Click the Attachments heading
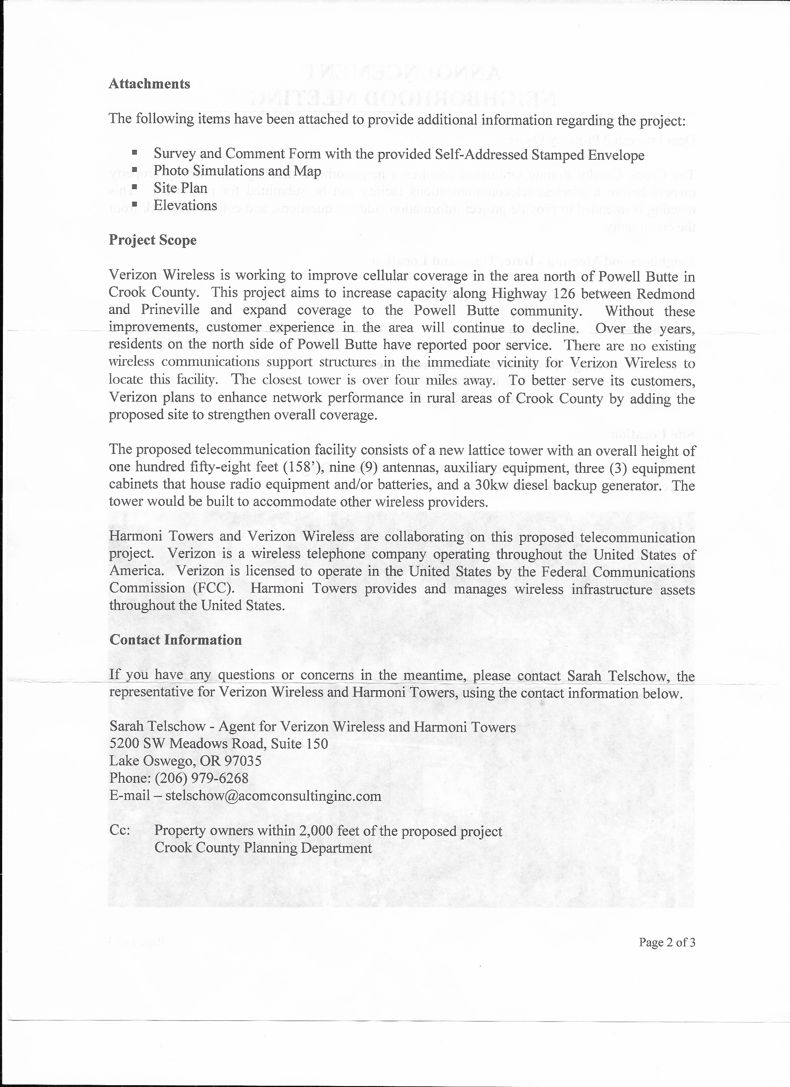click(149, 84)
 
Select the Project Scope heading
click(152, 240)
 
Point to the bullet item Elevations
click(185, 205)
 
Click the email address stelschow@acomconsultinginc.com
click(273, 796)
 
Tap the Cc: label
click(119, 831)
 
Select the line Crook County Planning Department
click(262, 848)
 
